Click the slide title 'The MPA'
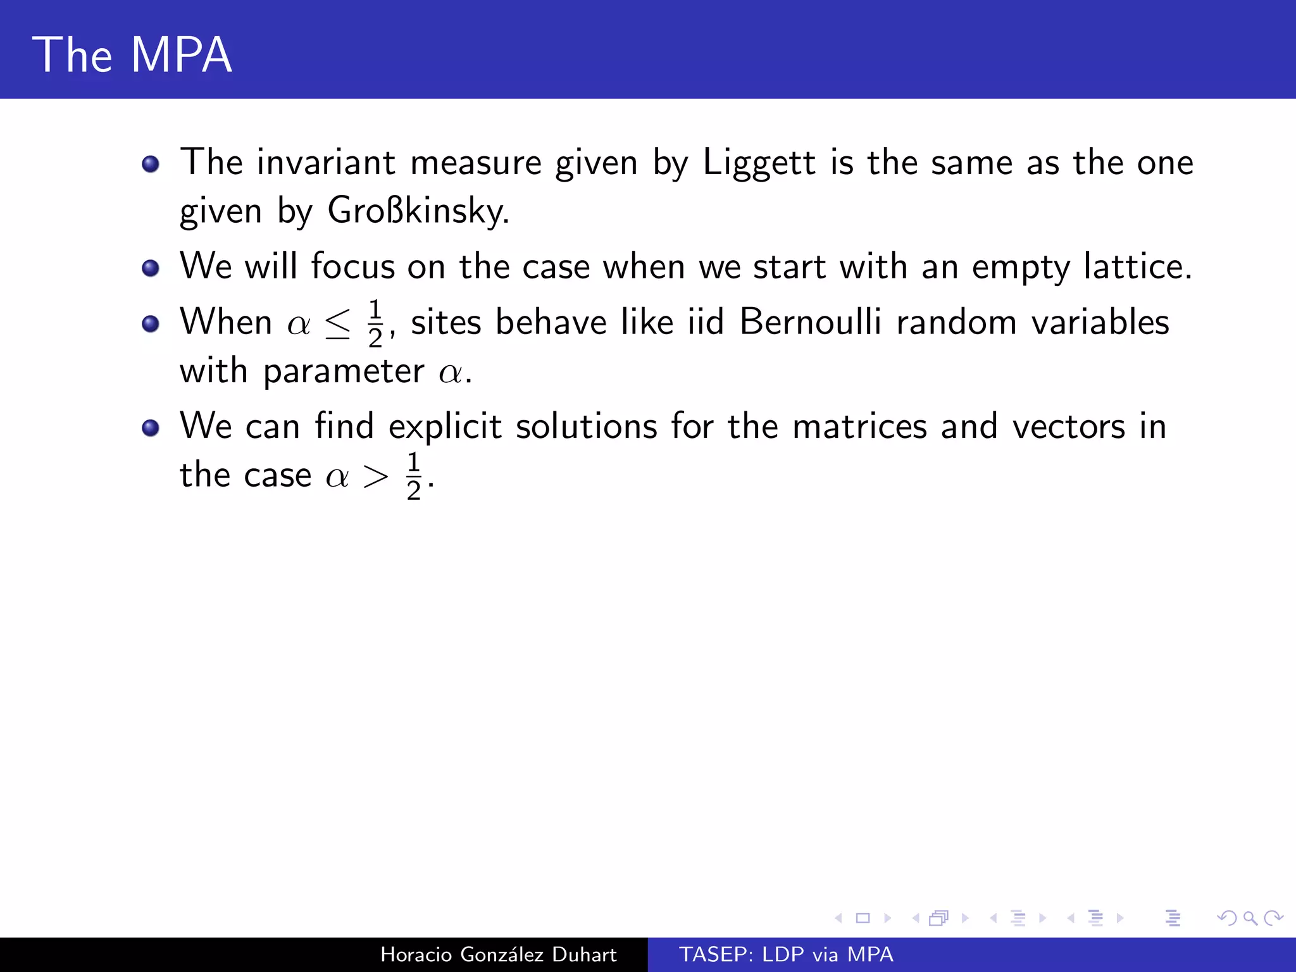pyautogui.click(x=132, y=55)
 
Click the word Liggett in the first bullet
pyautogui.click(x=759, y=163)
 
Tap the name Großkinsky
pyautogui.click(x=418, y=211)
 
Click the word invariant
pyautogui.click(x=325, y=163)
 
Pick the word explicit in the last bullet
pyautogui.click(x=445, y=426)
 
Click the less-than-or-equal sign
pyautogui.click(x=337, y=324)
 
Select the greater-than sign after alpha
pyautogui.click(x=375, y=476)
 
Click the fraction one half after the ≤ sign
pyautogui.click(x=375, y=323)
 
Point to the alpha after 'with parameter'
pyautogui.click(x=451, y=372)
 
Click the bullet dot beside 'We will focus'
pyautogui.click(x=151, y=268)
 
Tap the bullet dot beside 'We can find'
pyautogui.click(x=151, y=428)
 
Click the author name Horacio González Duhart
pyautogui.click(x=498, y=954)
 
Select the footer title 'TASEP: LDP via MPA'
pyautogui.click(x=786, y=954)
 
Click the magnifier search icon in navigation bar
pyautogui.click(x=1250, y=918)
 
